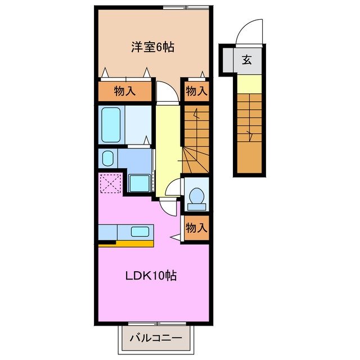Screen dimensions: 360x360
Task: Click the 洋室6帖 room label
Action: coord(152,47)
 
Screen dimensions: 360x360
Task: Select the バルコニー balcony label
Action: coord(156,338)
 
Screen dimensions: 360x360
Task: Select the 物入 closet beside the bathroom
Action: coord(125,91)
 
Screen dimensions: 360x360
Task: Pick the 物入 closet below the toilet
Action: coord(196,228)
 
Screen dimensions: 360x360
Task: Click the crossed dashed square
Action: coord(110,183)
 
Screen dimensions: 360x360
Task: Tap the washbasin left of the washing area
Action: coord(107,158)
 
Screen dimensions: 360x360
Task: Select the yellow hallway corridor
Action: coord(167,146)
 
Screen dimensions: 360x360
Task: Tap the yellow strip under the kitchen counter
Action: coord(126,244)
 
